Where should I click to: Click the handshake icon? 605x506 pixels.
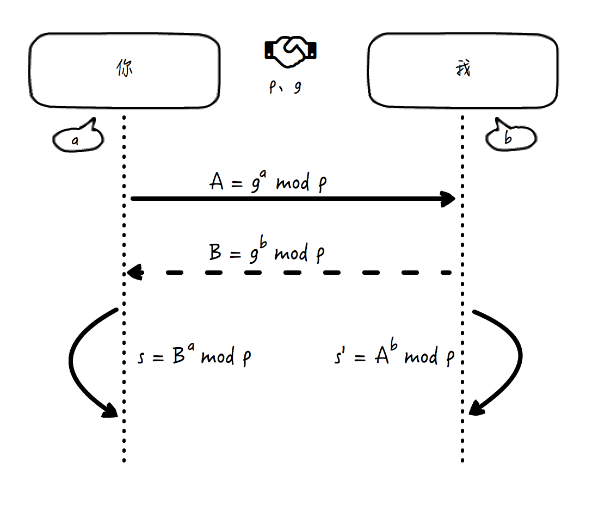coord(291,51)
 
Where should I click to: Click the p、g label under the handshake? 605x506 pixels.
coord(285,88)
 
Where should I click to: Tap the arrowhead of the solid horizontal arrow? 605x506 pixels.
coord(448,199)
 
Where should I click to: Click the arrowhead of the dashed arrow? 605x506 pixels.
coord(134,272)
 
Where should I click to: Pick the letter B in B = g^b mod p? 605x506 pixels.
coord(215,253)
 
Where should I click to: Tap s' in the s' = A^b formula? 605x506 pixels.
coord(340,358)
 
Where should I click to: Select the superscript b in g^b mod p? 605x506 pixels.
coord(263,245)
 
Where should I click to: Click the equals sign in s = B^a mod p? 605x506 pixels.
coord(158,359)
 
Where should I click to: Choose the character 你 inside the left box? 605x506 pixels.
coord(125,69)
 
